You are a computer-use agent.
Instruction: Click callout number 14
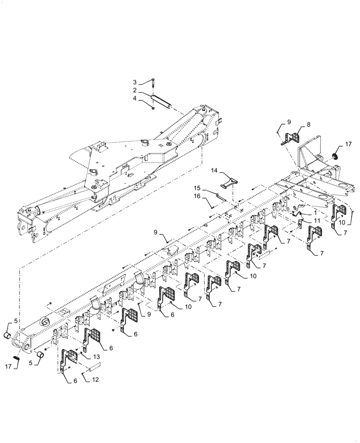tap(214, 170)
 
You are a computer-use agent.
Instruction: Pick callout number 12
tap(96, 380)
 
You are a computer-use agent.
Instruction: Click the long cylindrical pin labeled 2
tap(162, 104)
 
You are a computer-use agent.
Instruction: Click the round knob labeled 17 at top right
tap(336, 156)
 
